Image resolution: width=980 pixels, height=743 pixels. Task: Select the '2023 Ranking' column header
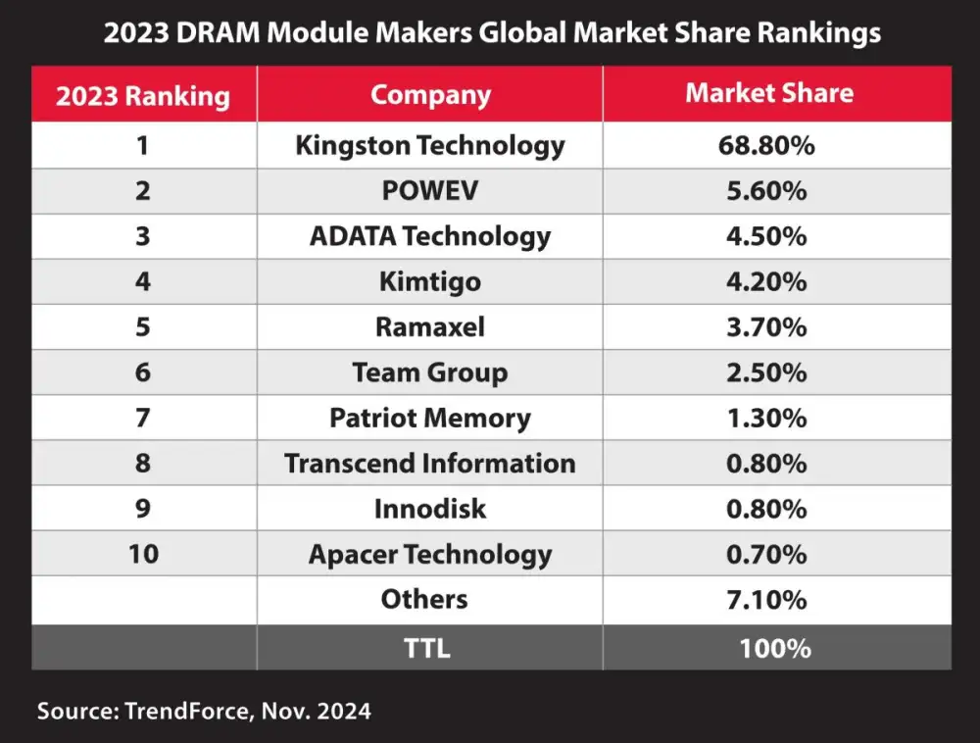pos(143,96)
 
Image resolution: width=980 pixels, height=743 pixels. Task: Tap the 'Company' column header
pos(430,95)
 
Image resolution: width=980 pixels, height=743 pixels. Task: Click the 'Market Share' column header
pos(769,93)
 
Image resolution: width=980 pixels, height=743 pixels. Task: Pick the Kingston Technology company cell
pos(430,146)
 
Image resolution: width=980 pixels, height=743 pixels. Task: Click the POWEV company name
pos(430,191)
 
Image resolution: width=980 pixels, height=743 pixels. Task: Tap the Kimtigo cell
pos(430,282)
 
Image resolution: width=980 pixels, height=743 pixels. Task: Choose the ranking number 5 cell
pos(143,327)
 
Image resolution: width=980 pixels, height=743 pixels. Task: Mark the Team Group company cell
pos(430,372)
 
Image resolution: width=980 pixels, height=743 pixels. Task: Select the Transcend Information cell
pos(430,464)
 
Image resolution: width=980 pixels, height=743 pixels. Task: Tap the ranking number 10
pos(143,554)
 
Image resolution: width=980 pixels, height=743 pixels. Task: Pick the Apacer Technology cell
pos(430,555)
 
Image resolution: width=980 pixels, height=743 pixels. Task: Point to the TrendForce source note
pos(204,711)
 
